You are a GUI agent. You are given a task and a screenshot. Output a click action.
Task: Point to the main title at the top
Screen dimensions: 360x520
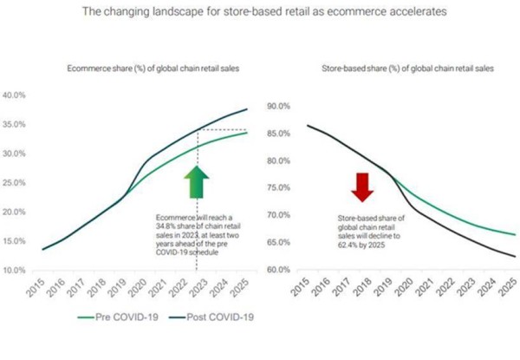(x=260, y=13)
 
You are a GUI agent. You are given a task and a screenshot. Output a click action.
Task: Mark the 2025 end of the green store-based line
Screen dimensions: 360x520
(x=515, y=234)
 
